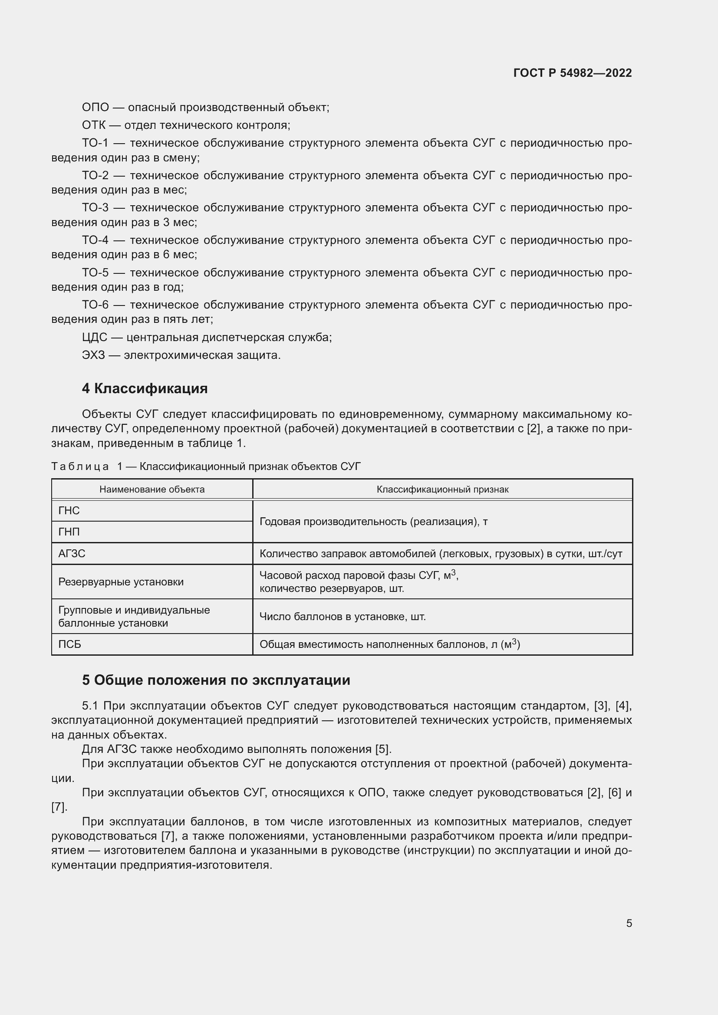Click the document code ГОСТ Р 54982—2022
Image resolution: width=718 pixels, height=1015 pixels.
[573, 73]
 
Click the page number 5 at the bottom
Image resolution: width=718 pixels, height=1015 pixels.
[629, 923]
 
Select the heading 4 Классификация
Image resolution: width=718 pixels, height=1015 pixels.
[145, 388]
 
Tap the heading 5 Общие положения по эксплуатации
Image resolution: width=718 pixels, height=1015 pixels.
[216, 680]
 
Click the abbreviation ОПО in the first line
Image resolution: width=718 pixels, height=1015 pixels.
[95, 108]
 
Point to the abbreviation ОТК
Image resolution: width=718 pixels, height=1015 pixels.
[93, 125]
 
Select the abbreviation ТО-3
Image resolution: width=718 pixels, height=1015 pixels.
[95, 208]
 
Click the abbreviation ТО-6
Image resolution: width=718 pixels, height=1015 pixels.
[95, 305]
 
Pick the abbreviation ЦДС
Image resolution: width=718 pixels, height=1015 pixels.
[94, 338]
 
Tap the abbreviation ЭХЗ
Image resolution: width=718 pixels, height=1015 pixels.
[93, 355]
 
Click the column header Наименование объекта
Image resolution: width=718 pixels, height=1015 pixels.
[152, 489]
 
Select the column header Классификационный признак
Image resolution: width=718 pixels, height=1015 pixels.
[442, 489]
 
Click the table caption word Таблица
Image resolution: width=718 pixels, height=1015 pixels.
[80, 466]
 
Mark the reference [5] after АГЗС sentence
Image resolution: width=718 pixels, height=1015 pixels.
[383, 749]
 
